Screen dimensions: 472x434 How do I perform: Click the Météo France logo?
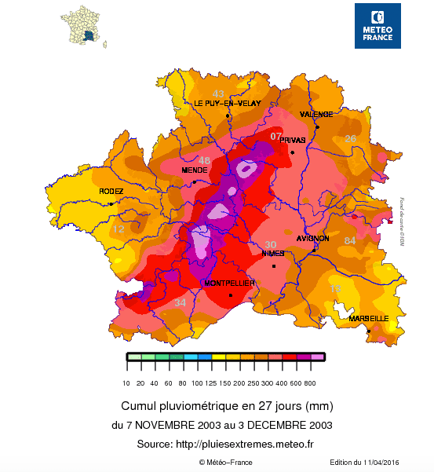point(377,25)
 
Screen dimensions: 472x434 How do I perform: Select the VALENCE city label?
point(316,114)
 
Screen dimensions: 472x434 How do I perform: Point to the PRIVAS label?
point(293,140)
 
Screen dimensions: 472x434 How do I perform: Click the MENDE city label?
point(194,170)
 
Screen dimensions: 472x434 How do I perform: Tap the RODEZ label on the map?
point(111,192)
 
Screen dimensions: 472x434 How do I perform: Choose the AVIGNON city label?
point(313,238)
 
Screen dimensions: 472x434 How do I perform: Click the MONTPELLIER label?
point(229,283)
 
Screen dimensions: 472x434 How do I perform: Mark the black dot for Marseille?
point(369,331)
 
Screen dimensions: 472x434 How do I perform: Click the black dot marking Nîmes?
point(274,266)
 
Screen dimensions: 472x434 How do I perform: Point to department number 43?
point(219,93)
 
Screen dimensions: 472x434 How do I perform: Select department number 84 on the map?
point(350,240)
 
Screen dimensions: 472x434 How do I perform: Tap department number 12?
point(119,229)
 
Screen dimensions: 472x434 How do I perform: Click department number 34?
point(181,302)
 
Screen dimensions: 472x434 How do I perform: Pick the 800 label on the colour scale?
point(310,382)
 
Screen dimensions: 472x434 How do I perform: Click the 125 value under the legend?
point(211,382)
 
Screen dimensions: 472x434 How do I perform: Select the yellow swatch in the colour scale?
point(218,357)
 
